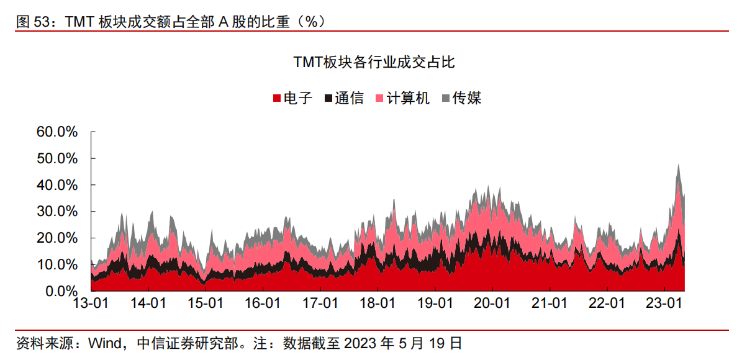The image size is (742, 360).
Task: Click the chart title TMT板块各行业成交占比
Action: pyautogui.click(x=374, y=62)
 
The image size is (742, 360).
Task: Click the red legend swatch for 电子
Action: pyautogui.click(x=277, y=99)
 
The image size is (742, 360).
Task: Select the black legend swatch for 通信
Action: pyautogui.click(x=328, y=99)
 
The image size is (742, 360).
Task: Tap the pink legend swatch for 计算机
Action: pyautogui.click(x=379, y=99)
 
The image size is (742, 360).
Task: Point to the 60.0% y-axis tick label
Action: pyautogui.click(x=57, y=132)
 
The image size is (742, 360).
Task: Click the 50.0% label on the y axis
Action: pyautogui.click(x=57, y=158)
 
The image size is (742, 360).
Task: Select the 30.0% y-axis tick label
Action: pyautogui.click(x=57, y=212)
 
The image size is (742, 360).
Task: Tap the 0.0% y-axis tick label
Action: pyautogui.click(x=60, y=291)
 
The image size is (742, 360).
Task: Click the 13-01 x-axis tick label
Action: pyautogui.click(x=91, y=304)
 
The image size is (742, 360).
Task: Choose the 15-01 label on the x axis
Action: pyautogui.click(x=206, y=304)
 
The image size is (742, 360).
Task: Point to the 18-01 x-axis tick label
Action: pyautogui.click(x=378, y=304)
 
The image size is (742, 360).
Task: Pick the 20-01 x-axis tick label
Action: pyautogui.click(x=492, y=304)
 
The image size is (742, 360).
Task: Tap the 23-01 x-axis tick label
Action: pyautogui.click(x=665, y=304)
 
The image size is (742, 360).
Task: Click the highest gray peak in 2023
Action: pyautogui.click(x=679, y=165)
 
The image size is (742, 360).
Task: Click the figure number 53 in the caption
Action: pyautogui.click(x=42, y=22)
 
